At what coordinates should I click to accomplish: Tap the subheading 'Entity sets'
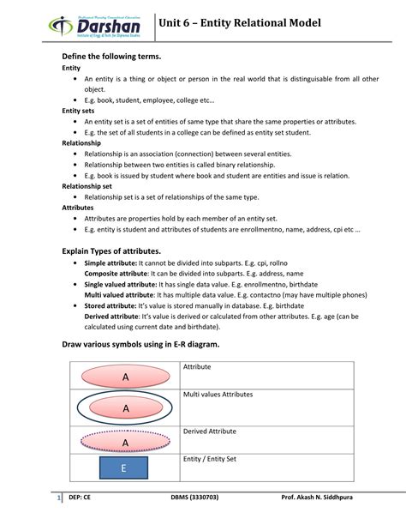click(x=78, y=111)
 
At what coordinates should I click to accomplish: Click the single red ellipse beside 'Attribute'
click(x=125, y=376)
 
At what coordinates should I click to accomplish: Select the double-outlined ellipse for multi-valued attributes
click(x=125, y=407)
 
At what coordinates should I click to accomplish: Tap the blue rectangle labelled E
click(x=123, y=468)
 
